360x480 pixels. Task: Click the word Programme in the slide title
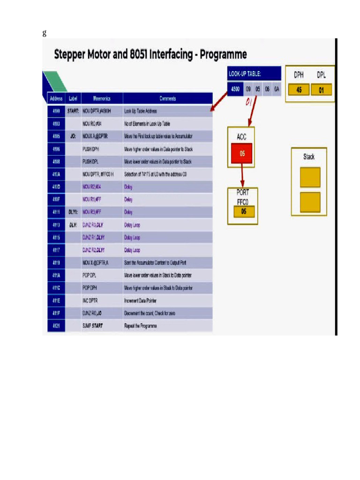coord(223,54)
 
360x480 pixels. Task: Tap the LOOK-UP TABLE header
coord(244,74)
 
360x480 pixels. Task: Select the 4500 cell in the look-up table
coord(235,89)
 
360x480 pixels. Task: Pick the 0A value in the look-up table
coord(277,89)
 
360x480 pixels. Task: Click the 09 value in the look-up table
coord(248,89)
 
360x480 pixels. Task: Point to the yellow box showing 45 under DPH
coord(299,90)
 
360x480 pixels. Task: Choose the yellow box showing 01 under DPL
coord(321,90)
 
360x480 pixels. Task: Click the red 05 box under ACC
coord(242,153)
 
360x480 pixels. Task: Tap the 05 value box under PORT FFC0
coord(243,211)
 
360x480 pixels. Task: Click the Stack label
coord(309,157)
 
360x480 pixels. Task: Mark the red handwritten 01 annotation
coord(249,102)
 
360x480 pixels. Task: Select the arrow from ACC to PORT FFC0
coord(242,175)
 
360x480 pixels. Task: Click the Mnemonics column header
coord(102,98)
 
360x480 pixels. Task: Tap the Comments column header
coord(167,98)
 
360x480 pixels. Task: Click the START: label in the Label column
coord(73,111)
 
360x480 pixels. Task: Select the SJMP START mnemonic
coord(92,325)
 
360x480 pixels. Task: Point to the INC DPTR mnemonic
coord(90,300)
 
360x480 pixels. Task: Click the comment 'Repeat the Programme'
coord(140,325)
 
